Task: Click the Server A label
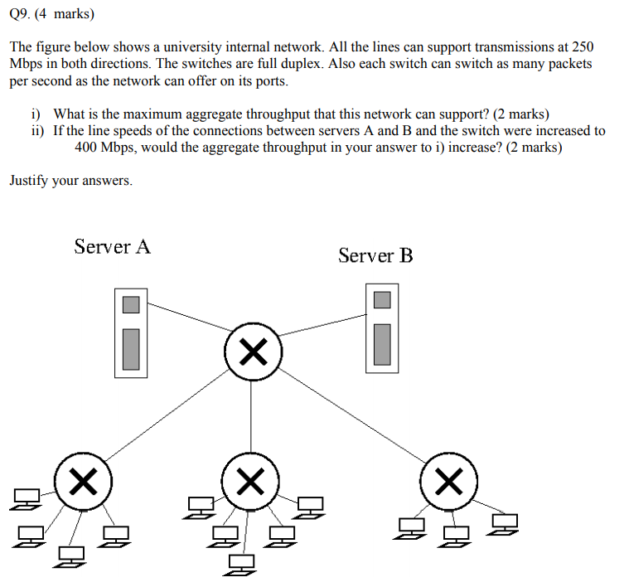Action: (x=112, y=246)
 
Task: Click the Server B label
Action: (x=375, y=255)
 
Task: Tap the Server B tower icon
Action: (x=381, y=327)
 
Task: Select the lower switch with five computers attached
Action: (x=250, y=480)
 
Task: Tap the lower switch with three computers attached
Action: (x=449, y=480)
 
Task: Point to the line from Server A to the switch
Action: (x=186, y=316)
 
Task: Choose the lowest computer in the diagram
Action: (x=241, y=564)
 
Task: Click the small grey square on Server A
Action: (x=131, y=304)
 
